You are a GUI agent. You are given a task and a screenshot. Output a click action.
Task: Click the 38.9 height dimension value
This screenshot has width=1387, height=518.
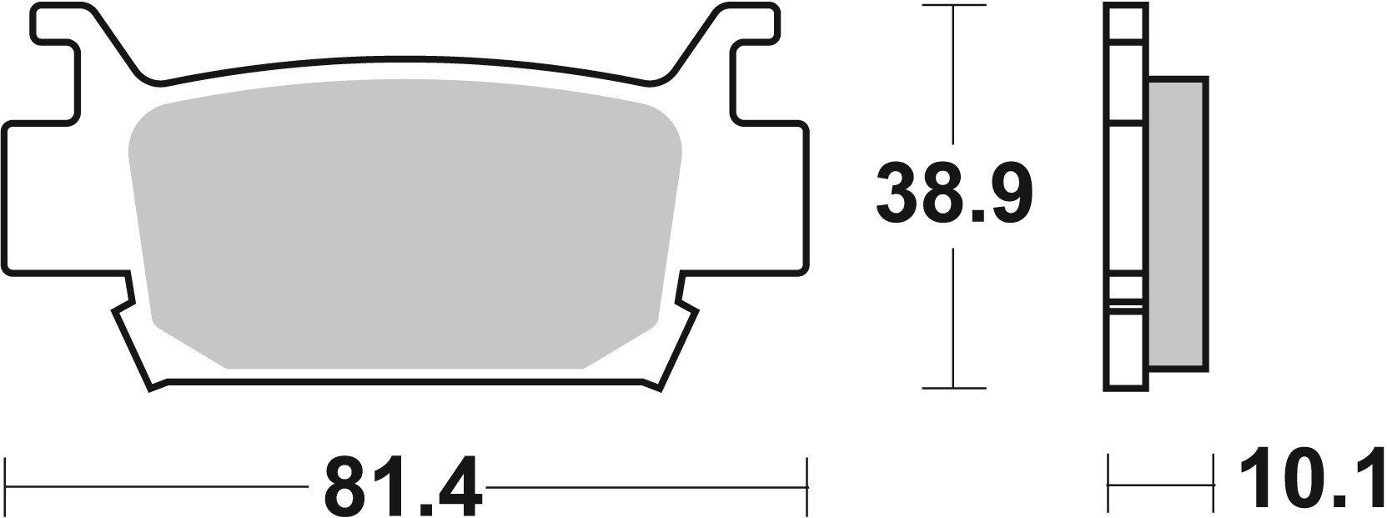(953, 196)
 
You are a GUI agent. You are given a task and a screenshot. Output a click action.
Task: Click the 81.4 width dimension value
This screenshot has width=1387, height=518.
(403, 486)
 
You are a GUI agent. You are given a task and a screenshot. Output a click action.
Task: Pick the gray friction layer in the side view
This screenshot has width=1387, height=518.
(1177, 224)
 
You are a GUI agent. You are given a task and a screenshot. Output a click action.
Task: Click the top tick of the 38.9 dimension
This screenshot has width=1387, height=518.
(953, 6)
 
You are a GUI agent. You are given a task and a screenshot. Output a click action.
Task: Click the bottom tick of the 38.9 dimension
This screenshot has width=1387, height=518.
(953, 388)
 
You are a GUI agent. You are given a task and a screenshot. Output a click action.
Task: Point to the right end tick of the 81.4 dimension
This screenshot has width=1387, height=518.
(807, 484)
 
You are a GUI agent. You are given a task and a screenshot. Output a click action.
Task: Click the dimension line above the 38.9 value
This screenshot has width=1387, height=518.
(953, 83)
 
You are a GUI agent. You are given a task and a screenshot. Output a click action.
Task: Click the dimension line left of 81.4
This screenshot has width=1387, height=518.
(158, 485)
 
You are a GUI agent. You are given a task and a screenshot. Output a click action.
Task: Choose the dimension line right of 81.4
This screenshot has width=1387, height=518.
(646, 485)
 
